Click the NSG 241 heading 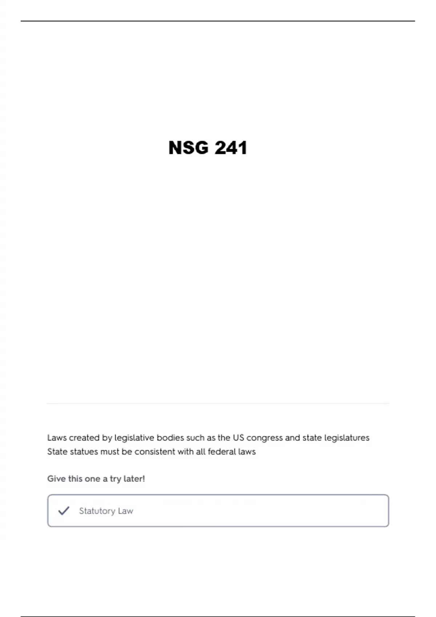tap(208, 148)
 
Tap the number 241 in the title tap(231, 148)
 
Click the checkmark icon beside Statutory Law tap(64, 511)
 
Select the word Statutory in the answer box tap(97, 511)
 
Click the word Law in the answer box tap(125, 511)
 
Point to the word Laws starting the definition tap(57, 438)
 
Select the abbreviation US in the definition tap(238, 438)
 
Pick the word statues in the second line tap(84, 452)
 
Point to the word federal tap(222, 452)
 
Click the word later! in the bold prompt tap(134, 479)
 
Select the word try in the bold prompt tap(115, 479)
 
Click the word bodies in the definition tap(170, 438)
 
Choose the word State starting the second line tap(57, 452)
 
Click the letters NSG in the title tap(188, 148)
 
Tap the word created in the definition tap(84, 438)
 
